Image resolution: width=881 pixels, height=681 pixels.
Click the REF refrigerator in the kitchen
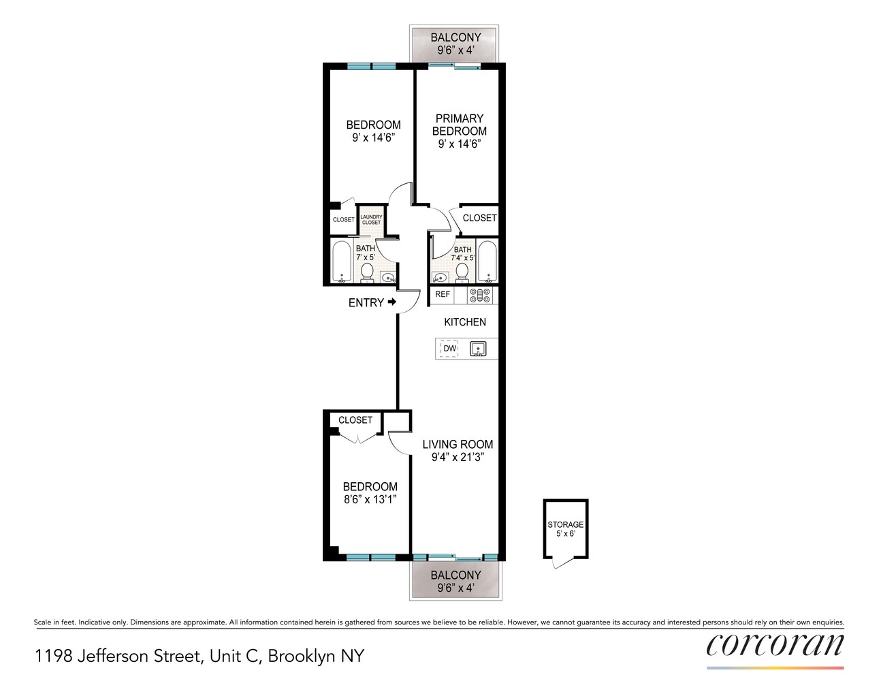click(442, 294)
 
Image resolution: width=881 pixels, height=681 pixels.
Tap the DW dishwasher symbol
click(449, 349)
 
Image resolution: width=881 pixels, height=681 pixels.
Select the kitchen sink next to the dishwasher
click(478, 349)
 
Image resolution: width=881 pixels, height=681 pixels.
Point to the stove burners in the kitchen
click(480, 295)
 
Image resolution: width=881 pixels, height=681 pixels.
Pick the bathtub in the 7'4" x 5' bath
click(487, 262)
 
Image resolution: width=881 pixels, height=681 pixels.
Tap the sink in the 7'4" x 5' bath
click(440, 278)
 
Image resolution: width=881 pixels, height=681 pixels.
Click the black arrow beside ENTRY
click(391, 302)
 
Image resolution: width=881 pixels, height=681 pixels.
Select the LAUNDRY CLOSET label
click(371, 220)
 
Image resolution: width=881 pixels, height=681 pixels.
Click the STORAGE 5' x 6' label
click(566, 529)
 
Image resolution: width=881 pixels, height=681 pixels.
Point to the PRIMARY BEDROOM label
click(460, 125)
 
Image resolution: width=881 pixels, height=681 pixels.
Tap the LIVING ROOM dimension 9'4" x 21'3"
click(458, 457)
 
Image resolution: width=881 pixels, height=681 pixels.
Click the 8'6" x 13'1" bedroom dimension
click(370, 499)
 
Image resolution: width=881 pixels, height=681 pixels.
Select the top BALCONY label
click(455, 37)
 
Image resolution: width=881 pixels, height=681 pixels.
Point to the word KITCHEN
click(465, 322)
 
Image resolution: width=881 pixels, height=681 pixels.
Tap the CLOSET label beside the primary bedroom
click(479, 218)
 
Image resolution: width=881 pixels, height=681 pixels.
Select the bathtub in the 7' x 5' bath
click(342, 262)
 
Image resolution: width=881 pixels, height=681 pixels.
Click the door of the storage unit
click(564, 563)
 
